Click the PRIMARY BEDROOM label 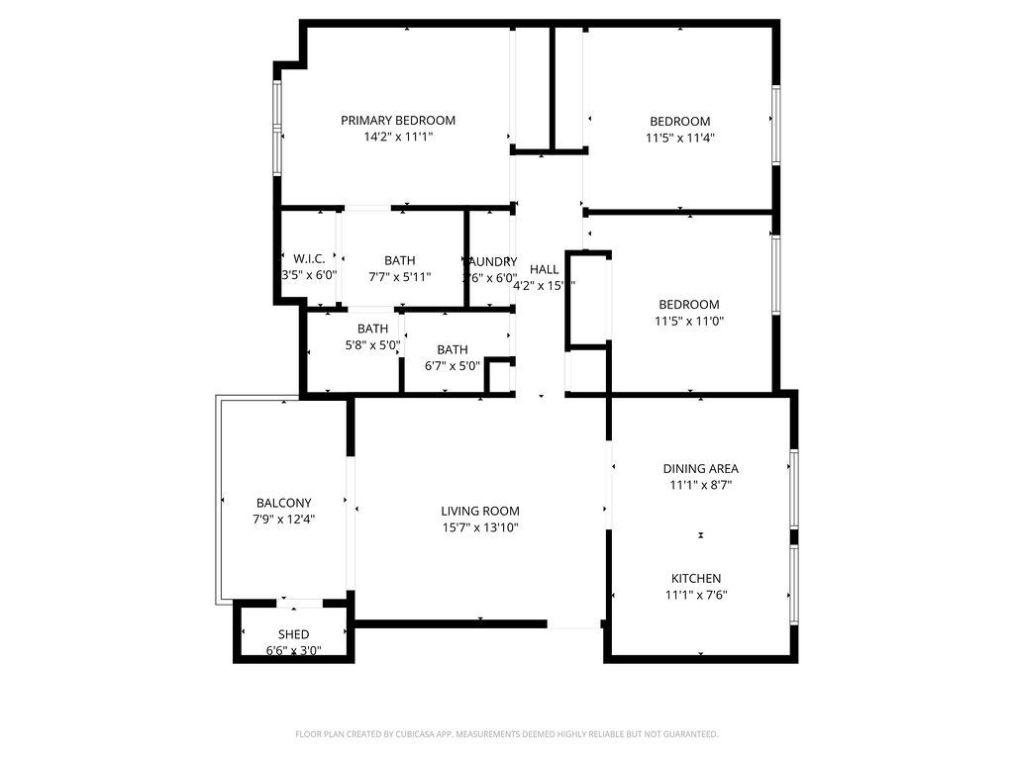click(398, 121)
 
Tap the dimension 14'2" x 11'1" click(398, 138)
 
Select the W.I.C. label click(309, 259)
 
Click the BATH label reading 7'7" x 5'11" click(400, 260)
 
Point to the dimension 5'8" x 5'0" click(372, 345)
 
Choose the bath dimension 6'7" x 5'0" click(452, 365)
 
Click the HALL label click(544, 269)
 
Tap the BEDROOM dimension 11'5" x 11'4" click(680, 139)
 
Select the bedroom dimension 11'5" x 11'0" click(686, 322)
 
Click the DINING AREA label click(700, 469)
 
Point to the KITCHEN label click(696, 579)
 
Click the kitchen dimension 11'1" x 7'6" click(697, 595)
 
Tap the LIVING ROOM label click(480, 512)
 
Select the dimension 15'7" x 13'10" click(480, 528)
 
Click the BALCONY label click(283, 503)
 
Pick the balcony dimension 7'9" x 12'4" click(283, 519)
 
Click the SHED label click(293, 634)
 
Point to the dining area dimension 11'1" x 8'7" click(700, 485)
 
